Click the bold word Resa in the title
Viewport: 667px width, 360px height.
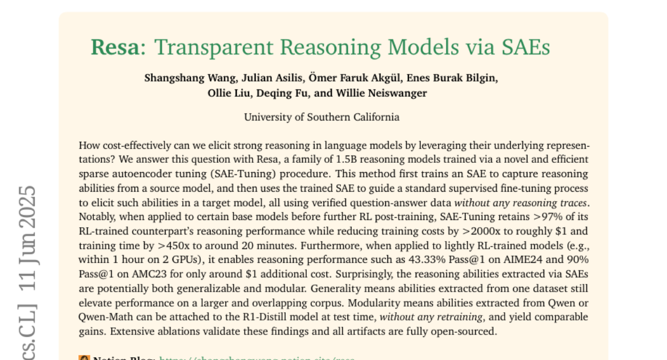(114, 47)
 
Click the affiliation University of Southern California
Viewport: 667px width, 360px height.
(321, 117)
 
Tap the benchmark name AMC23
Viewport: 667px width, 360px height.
(149, 274)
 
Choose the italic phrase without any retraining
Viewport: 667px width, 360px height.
(425, 317)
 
